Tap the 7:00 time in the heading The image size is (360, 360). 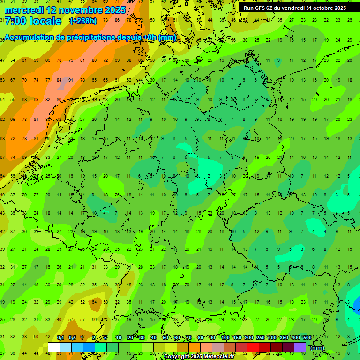[15, 21]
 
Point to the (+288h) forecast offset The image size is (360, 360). [83, 21]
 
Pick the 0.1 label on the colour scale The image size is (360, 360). [60, 337]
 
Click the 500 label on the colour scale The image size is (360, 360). [307, 337]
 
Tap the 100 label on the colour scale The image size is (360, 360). [225, 337]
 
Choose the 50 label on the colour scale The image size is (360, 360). [165, 337]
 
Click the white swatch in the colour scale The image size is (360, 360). [54, 347]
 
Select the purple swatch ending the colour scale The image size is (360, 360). [300, 347]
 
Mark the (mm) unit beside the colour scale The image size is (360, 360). [317, 348]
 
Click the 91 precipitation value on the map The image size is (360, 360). [71, 80]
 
